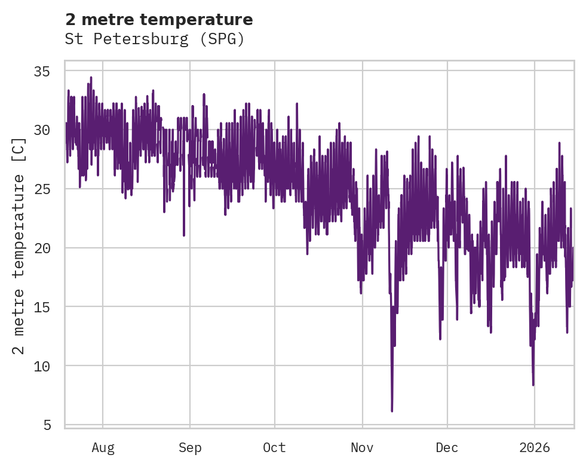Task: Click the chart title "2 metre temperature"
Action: coord(159,20)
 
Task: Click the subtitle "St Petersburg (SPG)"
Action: coord(155,39)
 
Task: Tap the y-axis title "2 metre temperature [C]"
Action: coord(19,245)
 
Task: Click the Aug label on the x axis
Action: coord(103,447)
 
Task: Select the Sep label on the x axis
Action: coord(190,447)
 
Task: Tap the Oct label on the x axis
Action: coord(275,447)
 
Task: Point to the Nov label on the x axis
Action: coord(362,447)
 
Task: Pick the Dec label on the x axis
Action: coord(447,447)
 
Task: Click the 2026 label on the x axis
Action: coord(534,447)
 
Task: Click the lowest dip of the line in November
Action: coord(392,411)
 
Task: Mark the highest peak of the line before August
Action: coord(91,77)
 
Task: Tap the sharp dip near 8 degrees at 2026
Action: coord(533,385)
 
